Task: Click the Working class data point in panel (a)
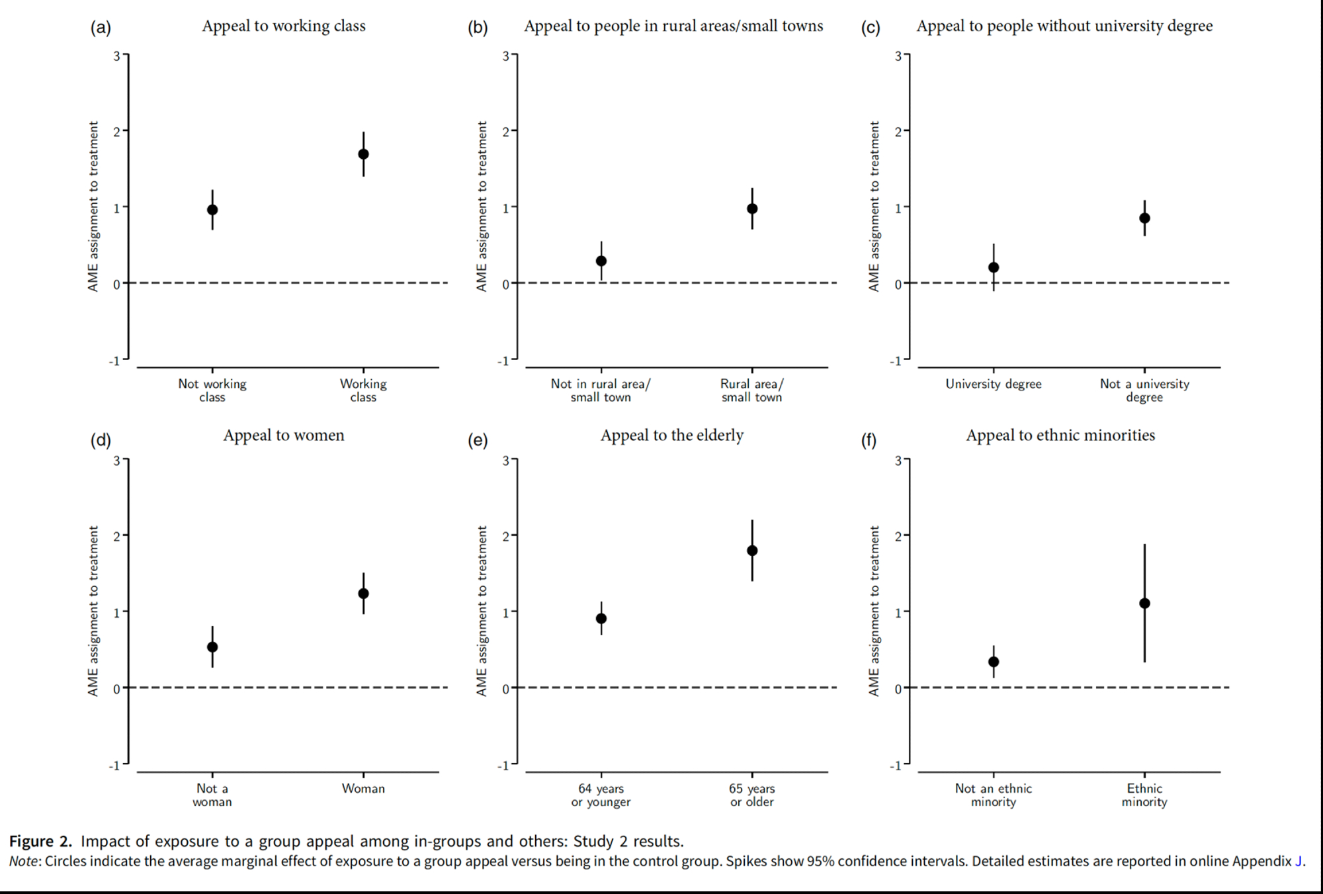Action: (x=363, y=154)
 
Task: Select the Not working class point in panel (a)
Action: (x=212, y=210)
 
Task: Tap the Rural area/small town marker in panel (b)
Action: (x=752, y=208)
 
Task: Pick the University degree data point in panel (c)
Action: (x=994, y=267)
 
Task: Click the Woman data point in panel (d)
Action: (x=363, y=594)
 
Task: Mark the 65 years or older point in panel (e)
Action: (x=752, y=551)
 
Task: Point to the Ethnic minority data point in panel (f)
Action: (x=1144, y=603)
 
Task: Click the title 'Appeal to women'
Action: (x=284, y=435)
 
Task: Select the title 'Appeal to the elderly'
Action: (x=672, y=435)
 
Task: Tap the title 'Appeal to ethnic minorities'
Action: (x=1060, y=435)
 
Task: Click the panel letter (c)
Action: (x=871, y=28)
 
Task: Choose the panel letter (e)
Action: (x=478, y=441)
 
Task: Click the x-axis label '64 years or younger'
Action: (x=601, y=795)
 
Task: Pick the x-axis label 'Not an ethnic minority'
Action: (x=993, y=795)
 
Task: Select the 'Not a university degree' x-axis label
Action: (x=1144, y=390)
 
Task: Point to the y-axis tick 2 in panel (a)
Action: (x=117, y=132)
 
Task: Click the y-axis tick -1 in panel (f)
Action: (x=896, y=766)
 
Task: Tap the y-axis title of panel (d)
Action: (x=93, y=611)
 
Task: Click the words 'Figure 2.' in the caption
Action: (x=40, y=841)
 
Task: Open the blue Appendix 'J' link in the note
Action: (x=1299, y=862)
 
